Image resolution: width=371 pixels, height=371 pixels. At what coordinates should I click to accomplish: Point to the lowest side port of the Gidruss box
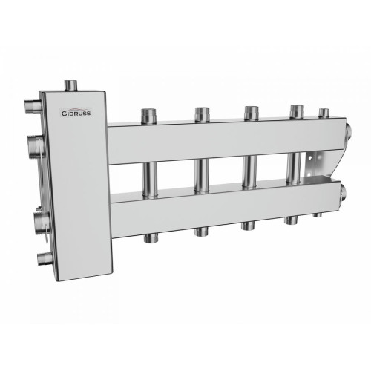click(45, 257)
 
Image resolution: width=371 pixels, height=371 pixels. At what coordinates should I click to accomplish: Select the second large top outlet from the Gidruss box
click(201, 115)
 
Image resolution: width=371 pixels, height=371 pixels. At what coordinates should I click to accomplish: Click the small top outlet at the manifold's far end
click(324, 114)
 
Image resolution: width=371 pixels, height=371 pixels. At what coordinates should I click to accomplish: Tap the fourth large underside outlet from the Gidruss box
click(289, 220)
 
